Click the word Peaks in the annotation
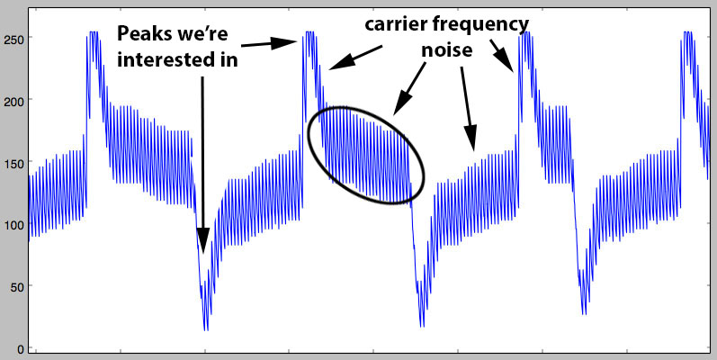142,34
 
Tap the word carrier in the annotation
393,23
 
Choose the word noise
446,50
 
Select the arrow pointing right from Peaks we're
269,43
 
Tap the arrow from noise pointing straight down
467,109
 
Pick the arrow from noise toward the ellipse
408,88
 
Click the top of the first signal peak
94,32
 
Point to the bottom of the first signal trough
206,329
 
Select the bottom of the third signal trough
584,314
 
